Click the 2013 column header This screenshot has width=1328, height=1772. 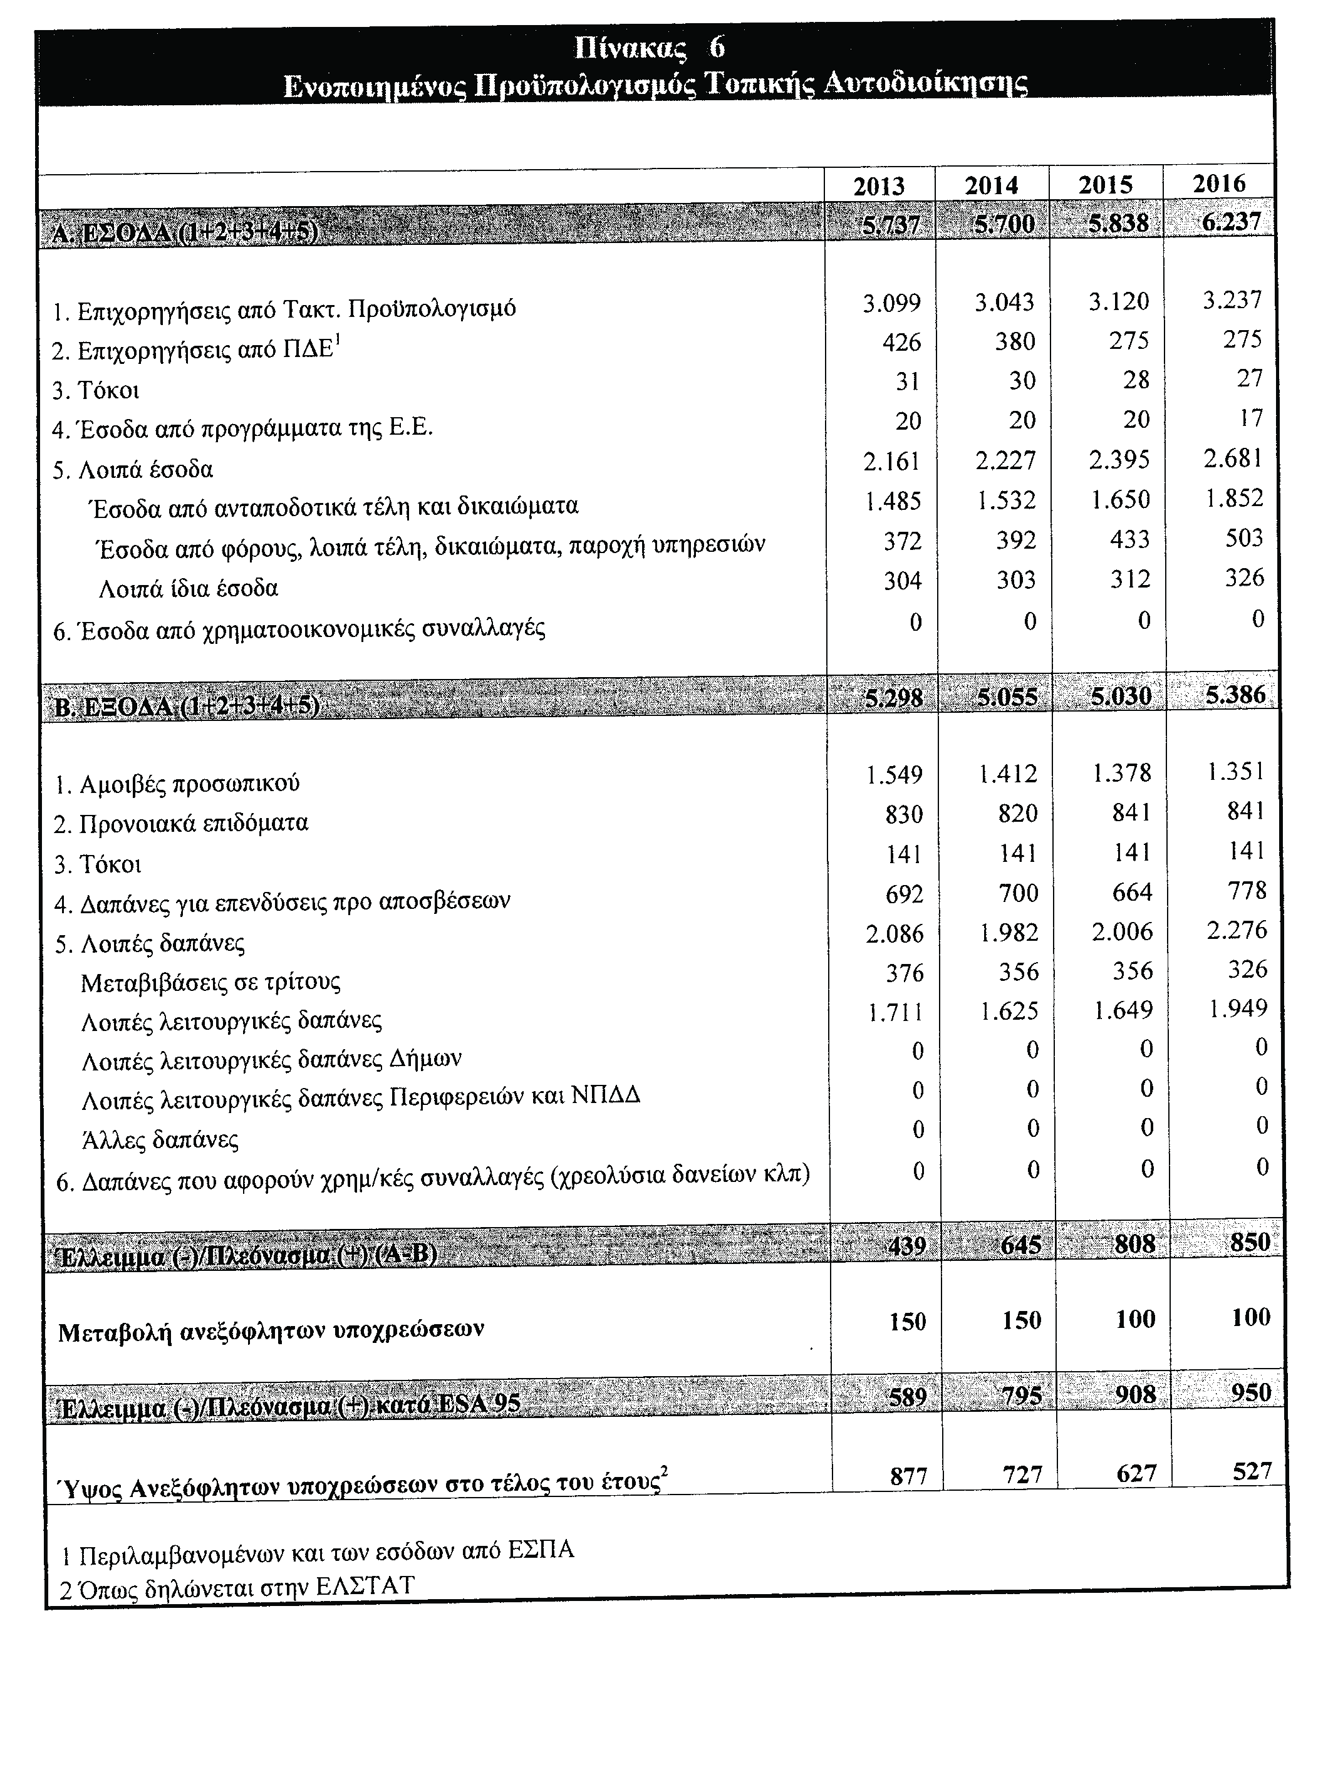[879, 186]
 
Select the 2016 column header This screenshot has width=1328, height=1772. [1219, 184]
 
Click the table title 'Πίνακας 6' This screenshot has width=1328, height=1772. [650, 48]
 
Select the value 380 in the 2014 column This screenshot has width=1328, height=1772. [1015, 342]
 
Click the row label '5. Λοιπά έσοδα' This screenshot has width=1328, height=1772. [133, 469]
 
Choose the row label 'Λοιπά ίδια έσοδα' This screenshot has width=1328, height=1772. [188, 589]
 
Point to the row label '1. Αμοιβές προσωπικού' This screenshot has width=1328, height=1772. [177, 783]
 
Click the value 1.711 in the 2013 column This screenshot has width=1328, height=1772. [895, 1013]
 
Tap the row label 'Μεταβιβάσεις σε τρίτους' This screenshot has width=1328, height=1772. [210, 982]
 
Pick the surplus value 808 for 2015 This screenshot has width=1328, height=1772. [1135, 1243]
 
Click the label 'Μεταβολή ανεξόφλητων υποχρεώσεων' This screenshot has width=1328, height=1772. [271, 1332]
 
